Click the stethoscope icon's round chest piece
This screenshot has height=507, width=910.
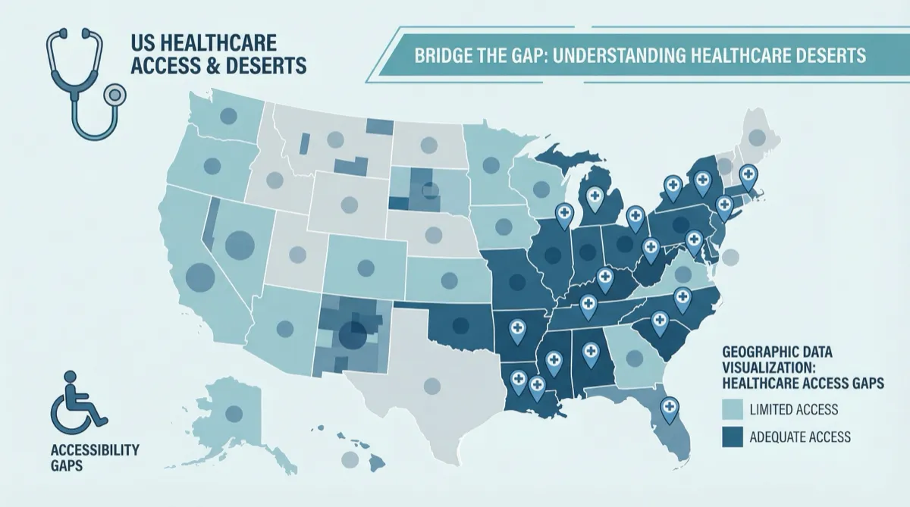click(115, 95)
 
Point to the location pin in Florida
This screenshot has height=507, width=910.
click(668, 409)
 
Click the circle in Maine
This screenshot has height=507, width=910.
click(757, 137)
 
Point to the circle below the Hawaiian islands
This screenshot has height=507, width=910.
click(350, 459)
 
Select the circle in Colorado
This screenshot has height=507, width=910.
click(366, 267)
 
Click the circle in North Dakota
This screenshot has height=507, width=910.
click(429, 143)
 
